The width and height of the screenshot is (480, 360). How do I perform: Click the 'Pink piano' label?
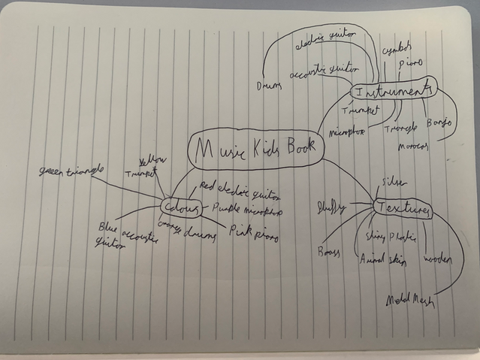253,234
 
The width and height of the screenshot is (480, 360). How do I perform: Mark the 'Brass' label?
328,250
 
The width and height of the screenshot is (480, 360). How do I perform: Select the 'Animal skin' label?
382,259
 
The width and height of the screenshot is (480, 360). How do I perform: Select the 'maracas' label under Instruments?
412,144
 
